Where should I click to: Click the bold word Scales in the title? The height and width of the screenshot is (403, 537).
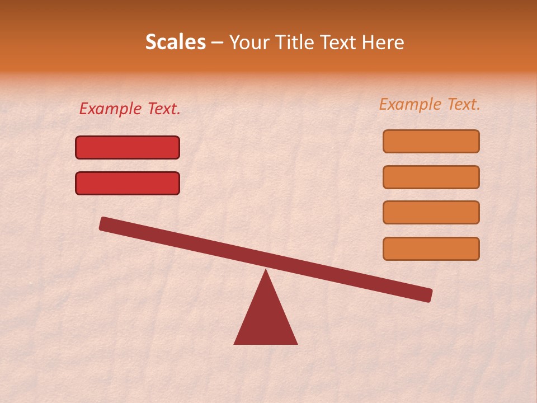click(176, 43)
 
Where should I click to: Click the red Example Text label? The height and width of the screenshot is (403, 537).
click(130, 109)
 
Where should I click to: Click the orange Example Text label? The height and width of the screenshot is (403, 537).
click(430, 104)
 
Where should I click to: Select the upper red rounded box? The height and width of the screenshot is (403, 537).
click(128, 147)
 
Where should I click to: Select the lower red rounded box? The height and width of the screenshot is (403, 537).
click(128, 183)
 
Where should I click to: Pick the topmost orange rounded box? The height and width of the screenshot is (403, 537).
click(431, 141)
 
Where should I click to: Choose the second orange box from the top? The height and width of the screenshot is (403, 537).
click(431, 177)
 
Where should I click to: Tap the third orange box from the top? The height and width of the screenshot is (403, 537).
click(431, 213)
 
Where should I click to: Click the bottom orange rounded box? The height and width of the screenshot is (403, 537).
click(431, 249)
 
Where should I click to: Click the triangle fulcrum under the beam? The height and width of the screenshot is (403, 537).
click(266, 319)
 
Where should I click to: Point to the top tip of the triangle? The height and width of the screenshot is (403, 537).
click(266, 270)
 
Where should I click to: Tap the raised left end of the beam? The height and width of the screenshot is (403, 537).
click(104, 224)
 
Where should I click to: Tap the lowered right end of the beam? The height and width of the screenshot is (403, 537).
click(428, 295)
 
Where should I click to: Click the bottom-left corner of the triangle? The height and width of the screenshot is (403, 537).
click(235, 343)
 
